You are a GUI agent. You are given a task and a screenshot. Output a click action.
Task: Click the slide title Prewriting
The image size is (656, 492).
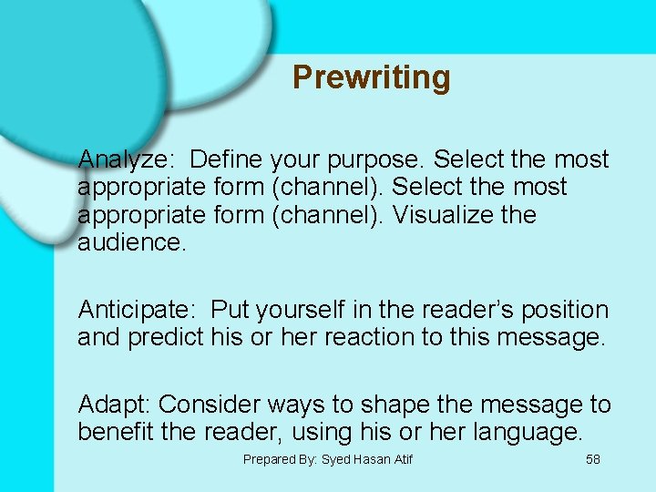371,77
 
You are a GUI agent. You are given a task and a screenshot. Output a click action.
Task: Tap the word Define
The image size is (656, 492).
227,159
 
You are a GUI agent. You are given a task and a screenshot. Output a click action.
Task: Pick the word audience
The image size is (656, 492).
131,243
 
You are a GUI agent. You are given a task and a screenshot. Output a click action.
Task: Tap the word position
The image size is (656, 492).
565,310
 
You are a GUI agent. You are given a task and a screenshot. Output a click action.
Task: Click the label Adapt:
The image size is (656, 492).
115,404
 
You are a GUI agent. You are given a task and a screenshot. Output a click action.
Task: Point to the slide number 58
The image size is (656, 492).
592,459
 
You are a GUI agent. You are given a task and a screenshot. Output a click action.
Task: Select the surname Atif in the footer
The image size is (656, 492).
401,459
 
